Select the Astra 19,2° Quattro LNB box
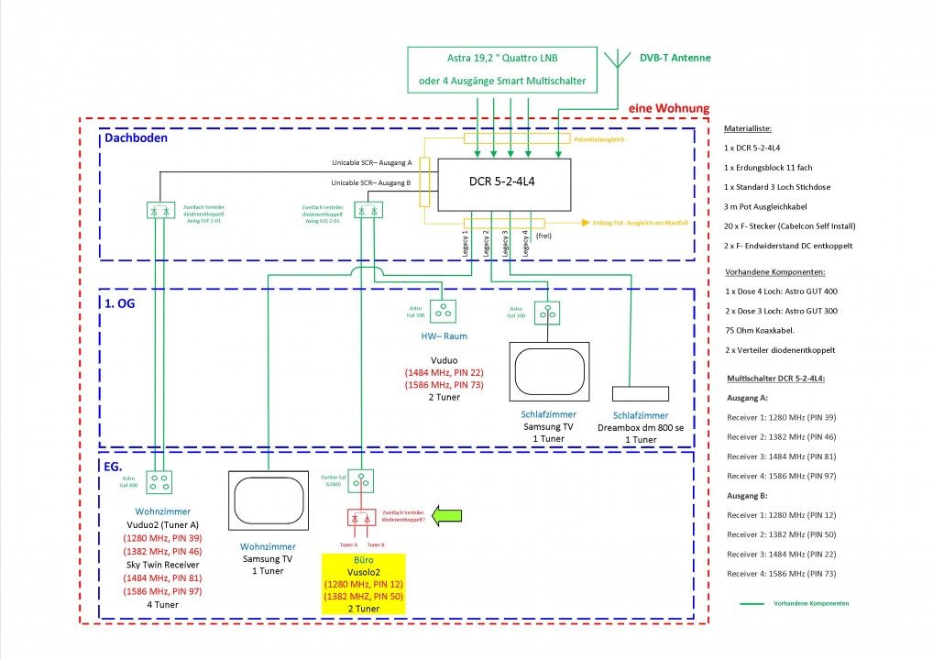point(501,70)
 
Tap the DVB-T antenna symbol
point(620,65)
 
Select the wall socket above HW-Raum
point(445,312)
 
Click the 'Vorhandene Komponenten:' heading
point(773,272)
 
